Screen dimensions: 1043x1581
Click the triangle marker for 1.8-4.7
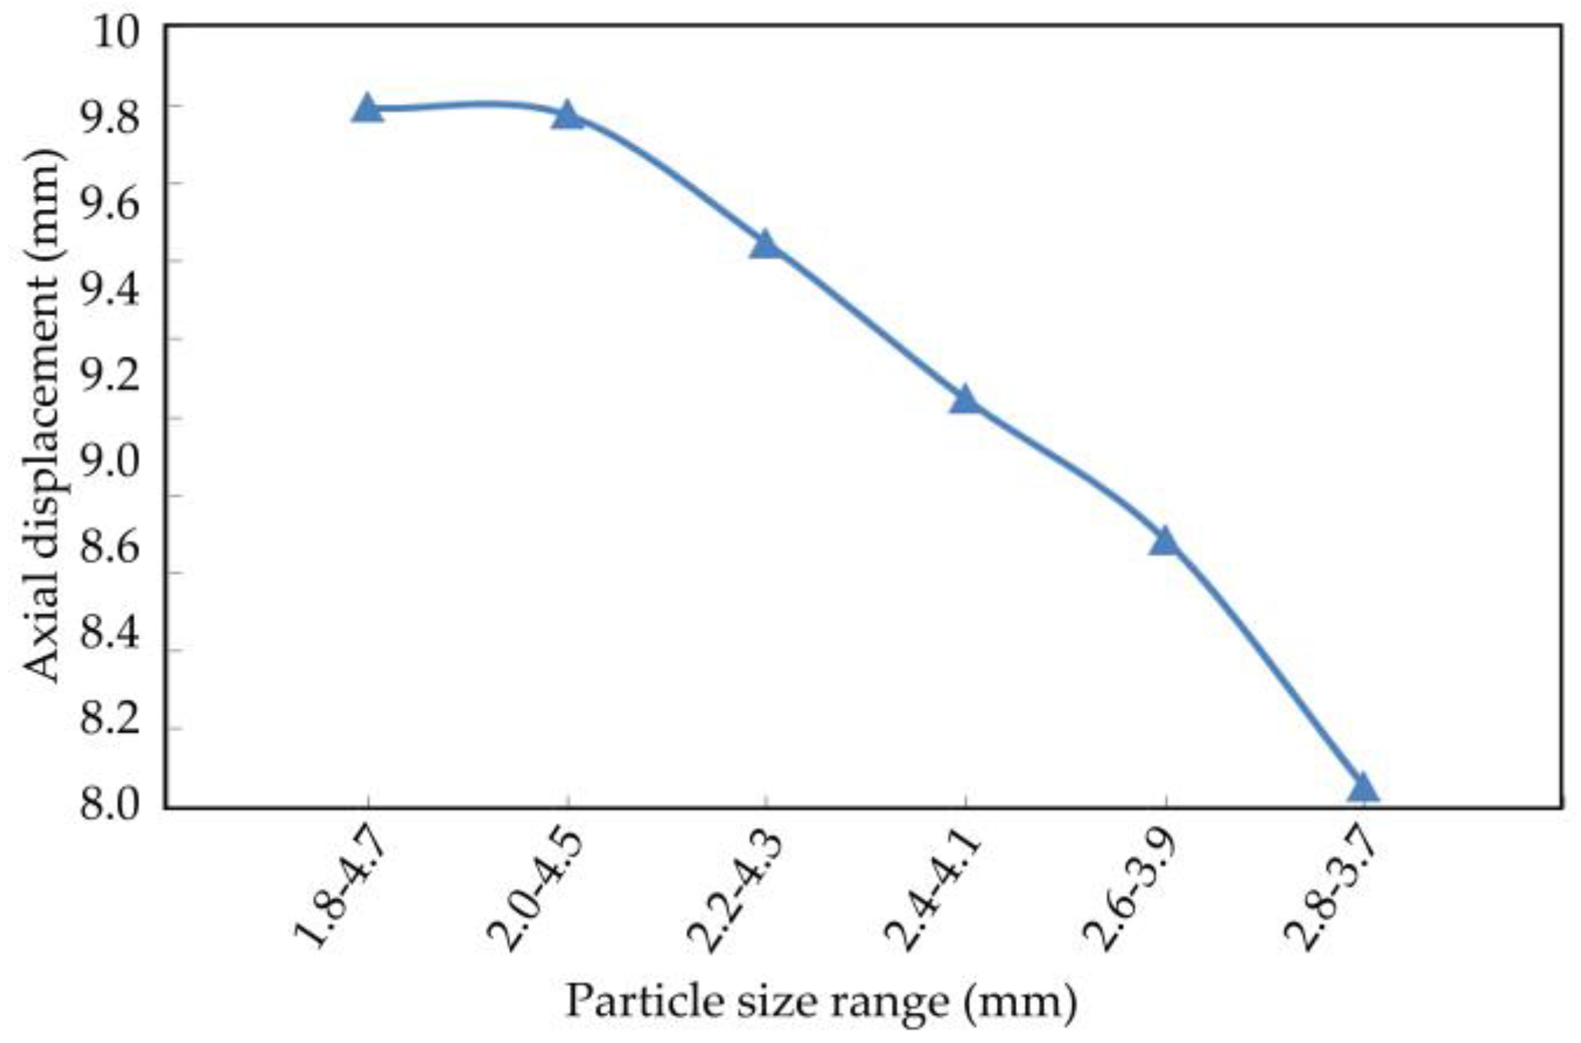[367, 109]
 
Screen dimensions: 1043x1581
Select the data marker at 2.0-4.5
[567, 116]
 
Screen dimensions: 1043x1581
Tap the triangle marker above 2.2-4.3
[766, 245]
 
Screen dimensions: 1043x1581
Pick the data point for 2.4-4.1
[965, 399]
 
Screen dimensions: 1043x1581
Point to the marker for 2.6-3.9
[1164, 540]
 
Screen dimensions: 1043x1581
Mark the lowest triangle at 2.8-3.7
[1363, 788]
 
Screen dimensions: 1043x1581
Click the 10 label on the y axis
[116, 33]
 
